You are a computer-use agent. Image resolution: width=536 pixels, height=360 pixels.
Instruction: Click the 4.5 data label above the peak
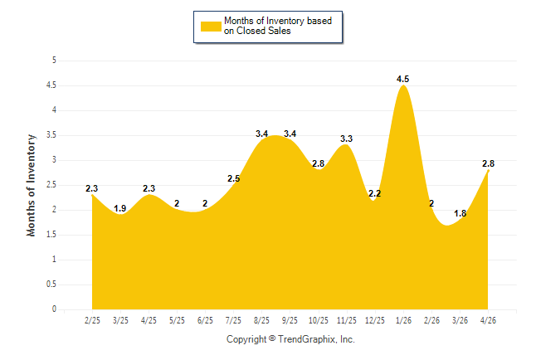tap(402, 79)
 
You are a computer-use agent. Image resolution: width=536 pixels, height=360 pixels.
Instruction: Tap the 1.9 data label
tap(120, 208)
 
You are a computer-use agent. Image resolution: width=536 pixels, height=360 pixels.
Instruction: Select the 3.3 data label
tap(346, 139)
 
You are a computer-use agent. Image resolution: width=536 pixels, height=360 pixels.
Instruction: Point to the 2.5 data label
tap(233, 178)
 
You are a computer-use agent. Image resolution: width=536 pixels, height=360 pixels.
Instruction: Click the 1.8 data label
tap(460, 213)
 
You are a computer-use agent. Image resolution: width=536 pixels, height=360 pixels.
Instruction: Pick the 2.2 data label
tap(375, 193)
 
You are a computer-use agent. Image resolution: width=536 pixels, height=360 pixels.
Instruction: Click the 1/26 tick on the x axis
tap(403, 320)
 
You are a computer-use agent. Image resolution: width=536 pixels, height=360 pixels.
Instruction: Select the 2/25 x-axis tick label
tap(92, 320)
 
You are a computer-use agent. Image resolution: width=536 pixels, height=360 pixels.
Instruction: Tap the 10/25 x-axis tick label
tap(319, 320)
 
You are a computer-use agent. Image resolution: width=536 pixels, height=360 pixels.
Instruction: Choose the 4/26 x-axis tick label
tap(488, 320)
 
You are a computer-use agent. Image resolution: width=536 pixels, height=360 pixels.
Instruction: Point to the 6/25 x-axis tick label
tap(205, 320)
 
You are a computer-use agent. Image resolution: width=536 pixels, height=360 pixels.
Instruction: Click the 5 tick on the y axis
tap(54, 61)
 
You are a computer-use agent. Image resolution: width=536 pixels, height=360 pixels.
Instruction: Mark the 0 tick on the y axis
tap(54, 309)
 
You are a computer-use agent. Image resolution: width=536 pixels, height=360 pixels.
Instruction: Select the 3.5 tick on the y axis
tap(51, 135)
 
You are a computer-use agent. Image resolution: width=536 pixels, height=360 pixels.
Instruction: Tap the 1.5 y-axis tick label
tap(51, 235)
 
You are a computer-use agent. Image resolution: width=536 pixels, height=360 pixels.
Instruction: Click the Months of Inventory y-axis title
tap(31, 185)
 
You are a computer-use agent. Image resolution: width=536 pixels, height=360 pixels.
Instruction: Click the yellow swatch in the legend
tap(211, 27)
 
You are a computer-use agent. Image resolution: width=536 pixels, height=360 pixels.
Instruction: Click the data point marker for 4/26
tap(488, 171)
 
